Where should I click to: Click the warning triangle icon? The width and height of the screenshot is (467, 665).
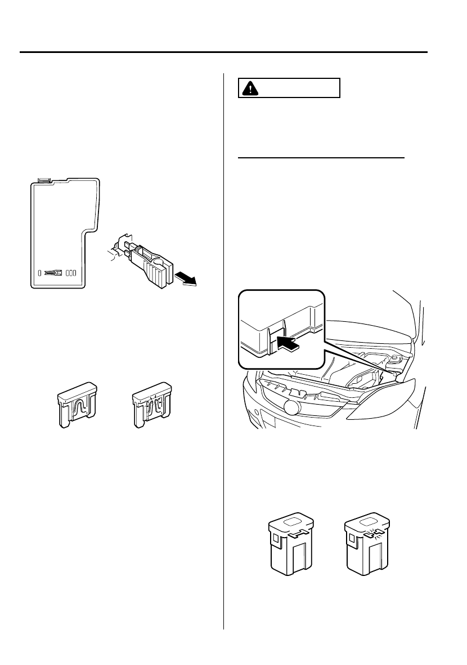tap(248, 88)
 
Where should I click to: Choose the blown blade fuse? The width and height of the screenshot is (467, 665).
tap(152, 405)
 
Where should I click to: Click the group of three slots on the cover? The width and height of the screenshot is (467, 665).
tap(71, 272)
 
